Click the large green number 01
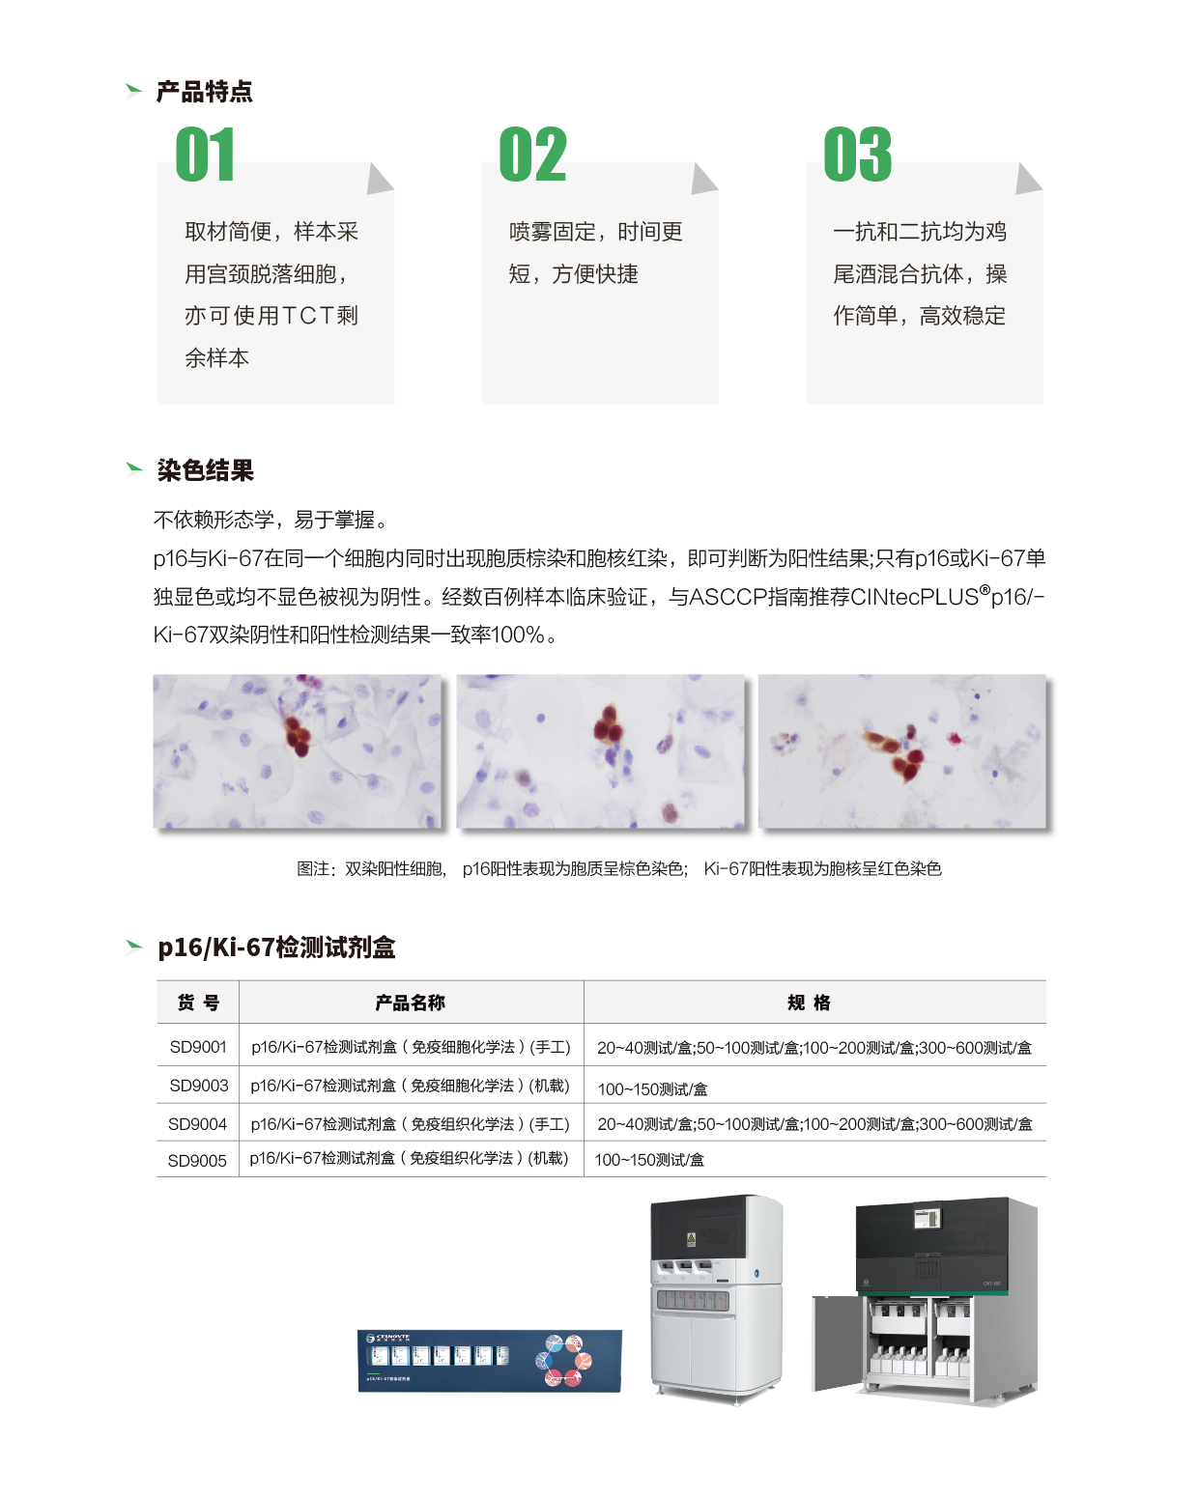tap(205, 155)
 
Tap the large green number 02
tap(533, 155)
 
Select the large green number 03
tap(857, 155)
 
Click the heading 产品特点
tap(205, 92)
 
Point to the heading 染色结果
tap(205, 470)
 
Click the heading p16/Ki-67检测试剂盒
tap(276, 947)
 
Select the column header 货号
tap(198, 1003)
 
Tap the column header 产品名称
tap(410, 1003)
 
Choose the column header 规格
tap(809, 1003)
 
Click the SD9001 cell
tap(198, 1047)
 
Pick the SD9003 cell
tap(198, 1086)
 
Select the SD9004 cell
tap(198, 1124)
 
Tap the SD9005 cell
tap(197, 1160)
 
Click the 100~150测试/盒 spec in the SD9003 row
tap(652, 1089)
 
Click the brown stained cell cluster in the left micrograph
tap(299, 734)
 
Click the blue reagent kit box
tap(489, 1361)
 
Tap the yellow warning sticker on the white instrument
tap(691, 1238)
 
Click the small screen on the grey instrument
tap(927, 1219)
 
